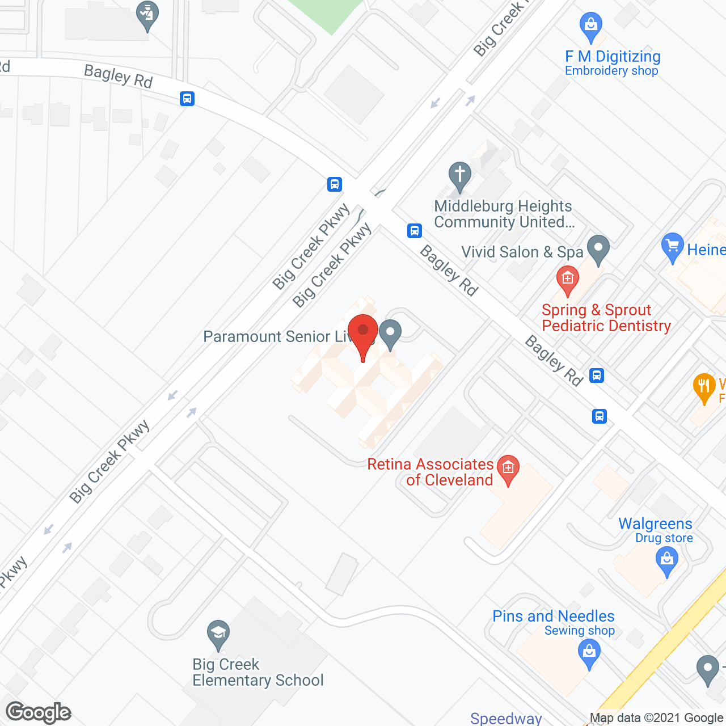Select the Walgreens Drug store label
[656, 530]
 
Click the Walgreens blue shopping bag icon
[666, 562]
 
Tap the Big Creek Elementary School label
[258, 672]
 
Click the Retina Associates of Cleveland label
[431, 472]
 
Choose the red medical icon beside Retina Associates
[508, 469]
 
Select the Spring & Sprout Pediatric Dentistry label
[606, 318]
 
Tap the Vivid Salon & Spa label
[522, 252]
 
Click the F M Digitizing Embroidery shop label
[613, 63]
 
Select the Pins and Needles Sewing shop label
[554, 623]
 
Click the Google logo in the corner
[39, 712]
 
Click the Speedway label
[506, 719]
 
